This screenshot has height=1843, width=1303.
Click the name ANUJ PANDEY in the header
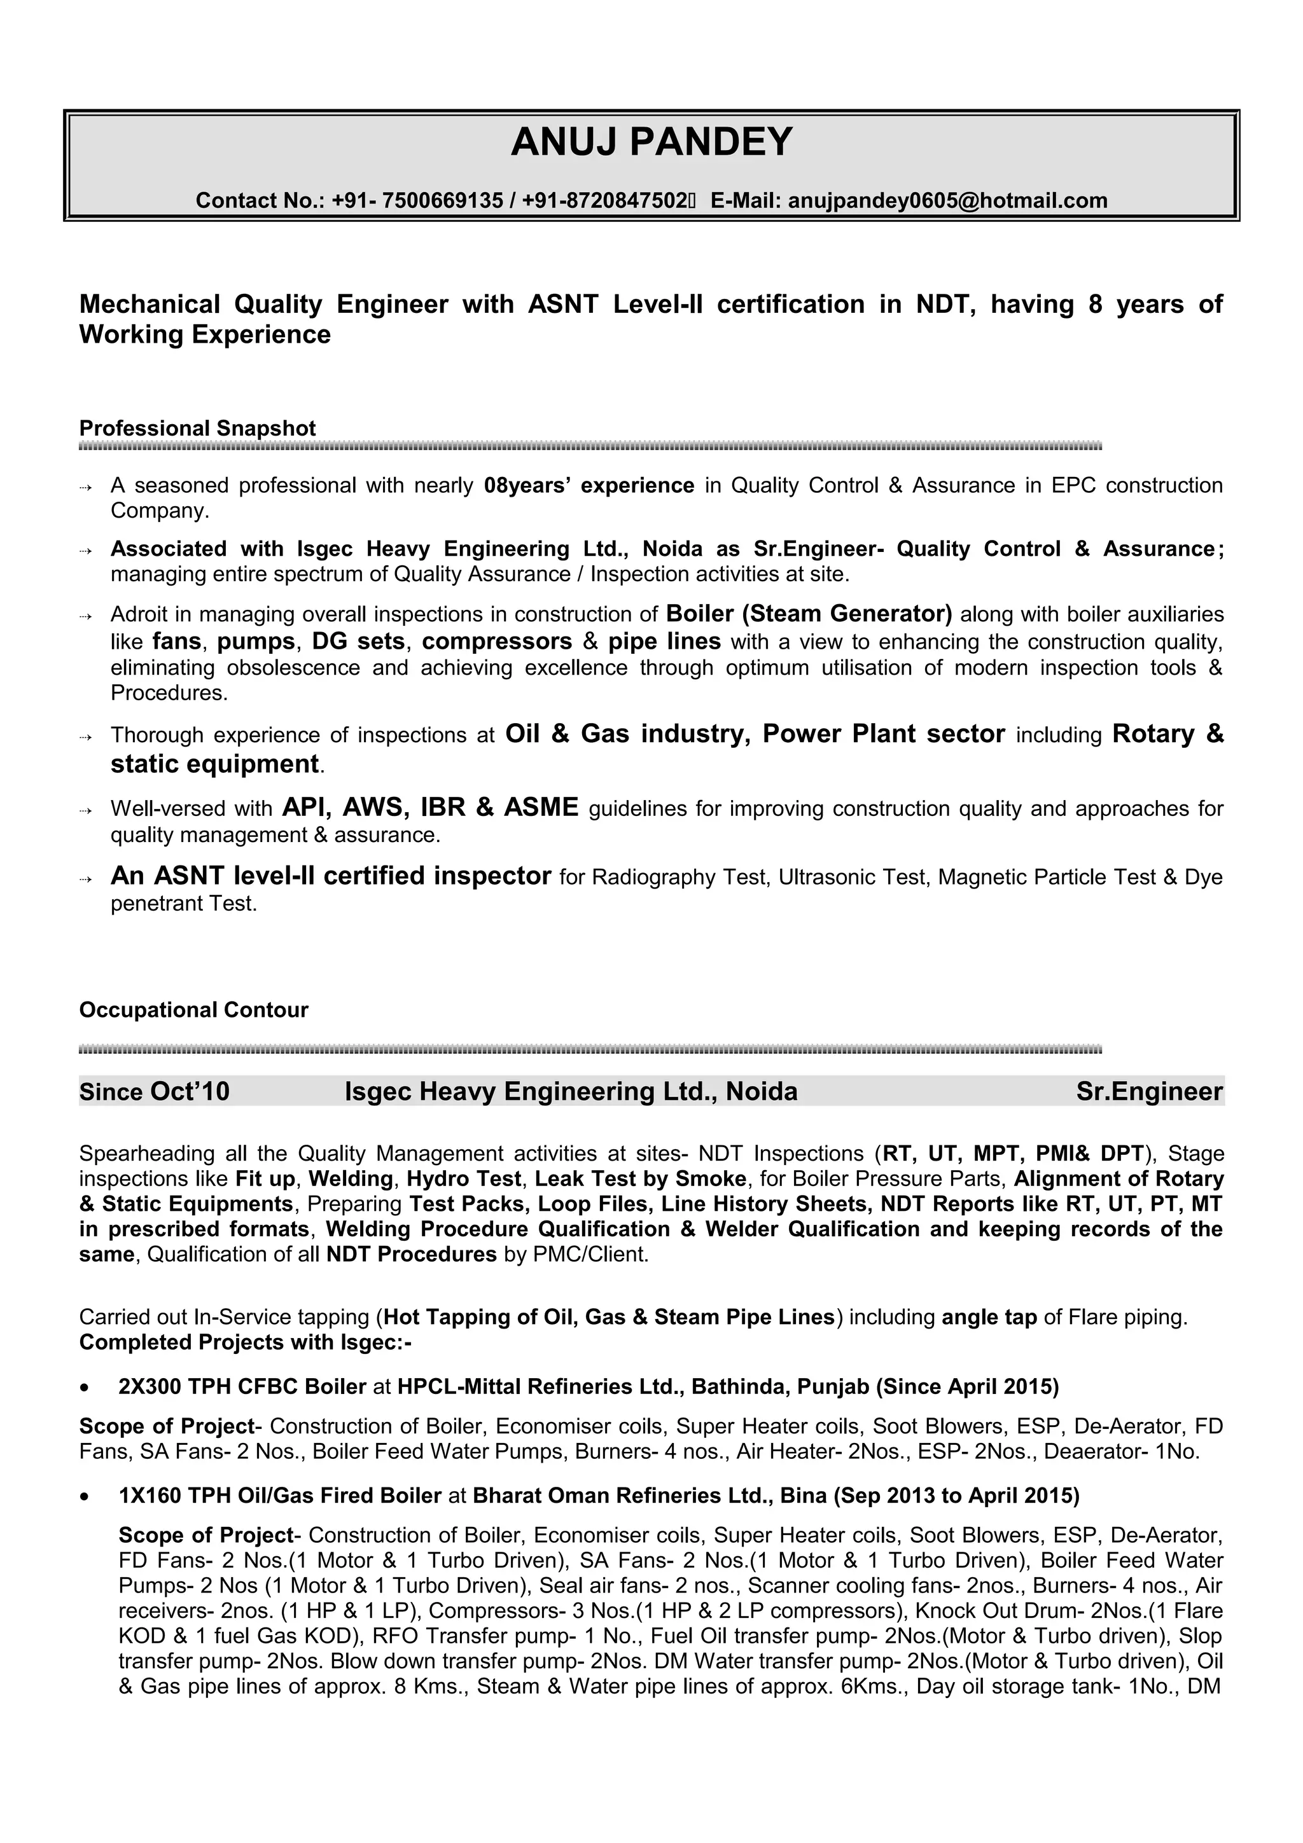651,142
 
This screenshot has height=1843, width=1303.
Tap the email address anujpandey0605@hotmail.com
947,201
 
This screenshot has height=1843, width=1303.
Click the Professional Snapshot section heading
197,429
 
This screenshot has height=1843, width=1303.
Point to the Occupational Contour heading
193,1010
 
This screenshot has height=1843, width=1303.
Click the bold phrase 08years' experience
589,486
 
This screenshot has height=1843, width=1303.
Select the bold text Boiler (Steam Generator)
809,614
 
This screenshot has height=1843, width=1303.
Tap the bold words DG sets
358,641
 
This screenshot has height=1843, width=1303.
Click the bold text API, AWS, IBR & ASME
430,807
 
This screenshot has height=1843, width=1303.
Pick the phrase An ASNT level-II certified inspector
331,876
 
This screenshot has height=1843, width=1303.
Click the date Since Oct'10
154,1092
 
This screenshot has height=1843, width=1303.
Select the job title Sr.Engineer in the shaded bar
1149,1092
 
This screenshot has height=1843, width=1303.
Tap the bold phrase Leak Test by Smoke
640,1179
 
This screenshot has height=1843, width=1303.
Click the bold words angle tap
989,1317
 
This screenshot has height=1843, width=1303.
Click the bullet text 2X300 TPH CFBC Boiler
242,1387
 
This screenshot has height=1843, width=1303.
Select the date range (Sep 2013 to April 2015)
956,1495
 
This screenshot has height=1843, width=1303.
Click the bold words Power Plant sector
883,734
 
